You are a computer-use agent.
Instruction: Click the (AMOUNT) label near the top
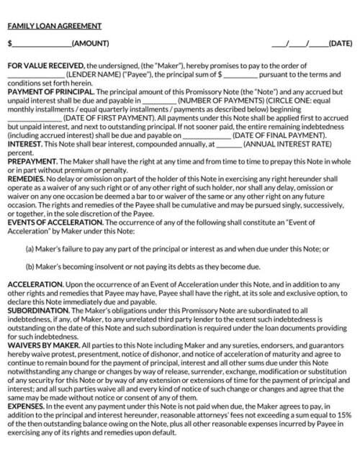tap(91, 44)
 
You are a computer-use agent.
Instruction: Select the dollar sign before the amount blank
tap(9, 44)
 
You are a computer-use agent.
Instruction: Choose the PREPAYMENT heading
tap(30, 160)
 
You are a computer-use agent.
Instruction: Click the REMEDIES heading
tap(26, 178)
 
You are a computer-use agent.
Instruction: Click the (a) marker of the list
tap(30, 248)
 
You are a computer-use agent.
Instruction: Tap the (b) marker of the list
tap(30, 266)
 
